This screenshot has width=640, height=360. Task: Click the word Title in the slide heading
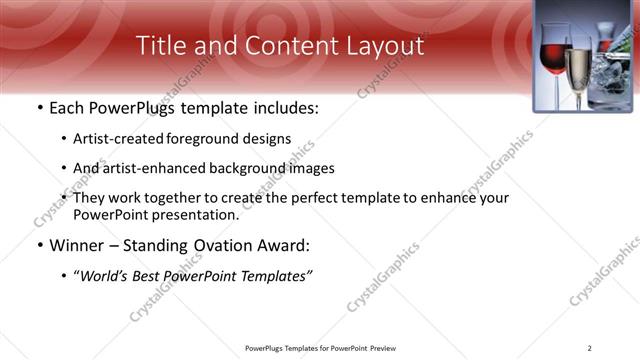click(x=160, y=45)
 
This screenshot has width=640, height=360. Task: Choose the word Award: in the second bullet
click(x=281, y=245)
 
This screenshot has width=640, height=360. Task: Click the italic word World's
click(x=106, y=275)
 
